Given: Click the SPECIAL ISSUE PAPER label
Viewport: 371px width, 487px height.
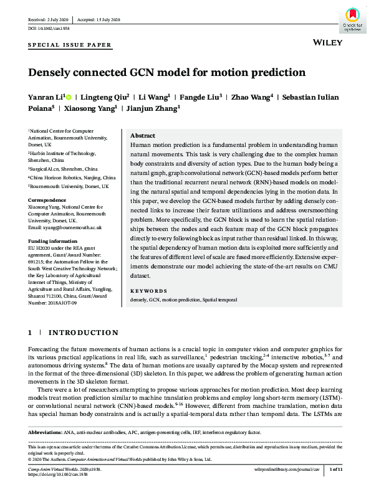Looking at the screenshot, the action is pyautogui.click(x=70, y=45).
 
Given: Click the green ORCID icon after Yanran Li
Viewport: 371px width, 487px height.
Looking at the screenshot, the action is pyautogui.click(x=69, y=98).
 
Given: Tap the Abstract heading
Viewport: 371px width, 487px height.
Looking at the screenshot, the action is pyautogui.click(x=142, y=136).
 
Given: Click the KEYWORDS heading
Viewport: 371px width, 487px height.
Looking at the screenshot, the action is pyautogui.click(x=148, y=291).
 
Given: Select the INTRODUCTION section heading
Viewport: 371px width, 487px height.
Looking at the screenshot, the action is pyautogui.click(x=83, y=333).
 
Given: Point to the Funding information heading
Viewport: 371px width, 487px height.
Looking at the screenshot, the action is pyautogui.click(x=55, y=239).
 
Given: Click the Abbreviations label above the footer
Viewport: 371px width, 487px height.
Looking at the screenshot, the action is pyautogui.click(x=49, y=432).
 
